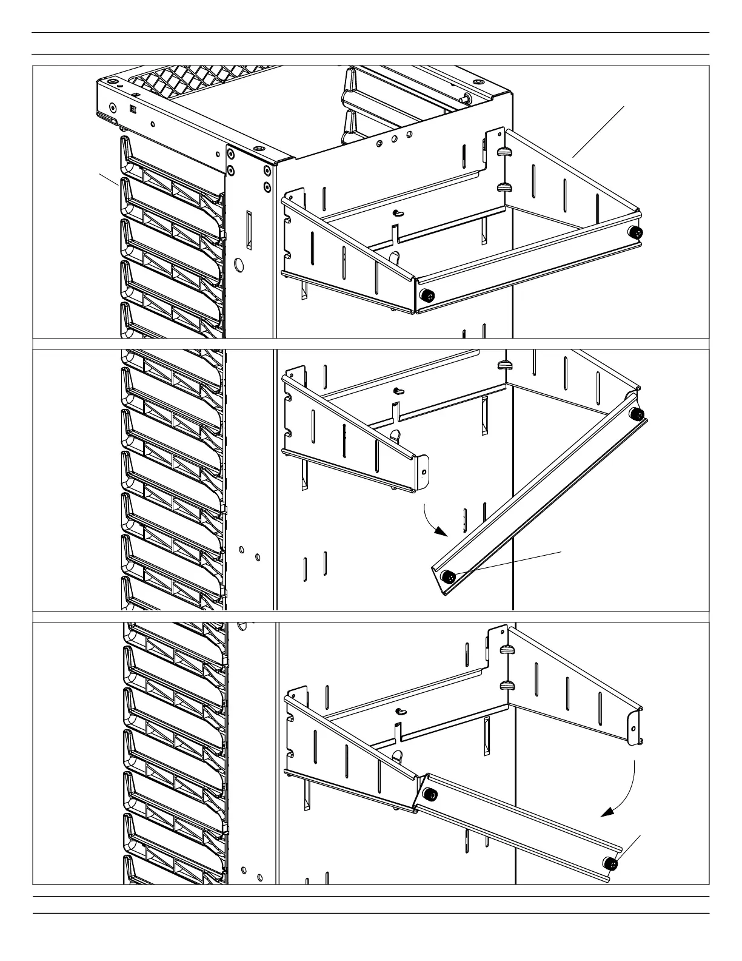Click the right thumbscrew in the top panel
pos(636,233)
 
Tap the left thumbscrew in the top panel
pos(428,295)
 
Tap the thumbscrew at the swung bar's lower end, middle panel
pos(449,576)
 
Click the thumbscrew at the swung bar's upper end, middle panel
pos(637,414)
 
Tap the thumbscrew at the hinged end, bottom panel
pos(430,795)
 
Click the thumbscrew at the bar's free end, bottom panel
pos(611,864)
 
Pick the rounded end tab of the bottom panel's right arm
pos(635,726)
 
